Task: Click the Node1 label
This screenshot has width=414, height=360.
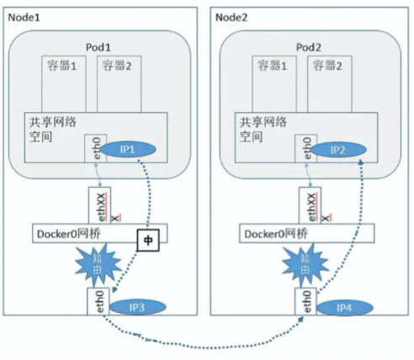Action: coord(24,18)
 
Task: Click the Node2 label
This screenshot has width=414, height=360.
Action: coord(231,18)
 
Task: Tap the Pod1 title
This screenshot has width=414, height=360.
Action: coord(98,47)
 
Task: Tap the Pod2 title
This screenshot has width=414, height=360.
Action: coord(309,47)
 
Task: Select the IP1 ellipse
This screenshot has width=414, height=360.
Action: coord(128,149)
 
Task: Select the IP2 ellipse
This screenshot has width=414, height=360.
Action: coord(338,150)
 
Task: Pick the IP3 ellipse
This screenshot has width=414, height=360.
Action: coord(137,307)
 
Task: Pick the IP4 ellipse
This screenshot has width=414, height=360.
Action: coord(345,308)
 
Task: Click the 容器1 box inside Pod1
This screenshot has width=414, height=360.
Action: coord(64,84)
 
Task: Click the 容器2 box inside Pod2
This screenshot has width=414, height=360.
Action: coord(330,84)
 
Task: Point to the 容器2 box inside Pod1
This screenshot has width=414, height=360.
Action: coord(119,84)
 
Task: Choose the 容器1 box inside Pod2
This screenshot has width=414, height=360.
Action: coord(274,84)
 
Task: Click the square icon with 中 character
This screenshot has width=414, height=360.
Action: coord(148,240)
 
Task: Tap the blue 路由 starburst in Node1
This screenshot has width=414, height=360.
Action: coord(98,264)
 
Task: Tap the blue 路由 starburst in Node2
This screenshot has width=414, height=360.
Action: coord(305,264)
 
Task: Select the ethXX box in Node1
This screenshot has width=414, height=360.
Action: coord(100,205)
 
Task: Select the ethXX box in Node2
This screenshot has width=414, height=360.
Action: coord(310,205)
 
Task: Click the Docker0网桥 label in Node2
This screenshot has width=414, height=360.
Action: coord(276,234)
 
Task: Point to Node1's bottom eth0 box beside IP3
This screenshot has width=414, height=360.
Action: coord(98,301)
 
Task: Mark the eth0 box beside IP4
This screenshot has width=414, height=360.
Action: coord(305,301)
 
